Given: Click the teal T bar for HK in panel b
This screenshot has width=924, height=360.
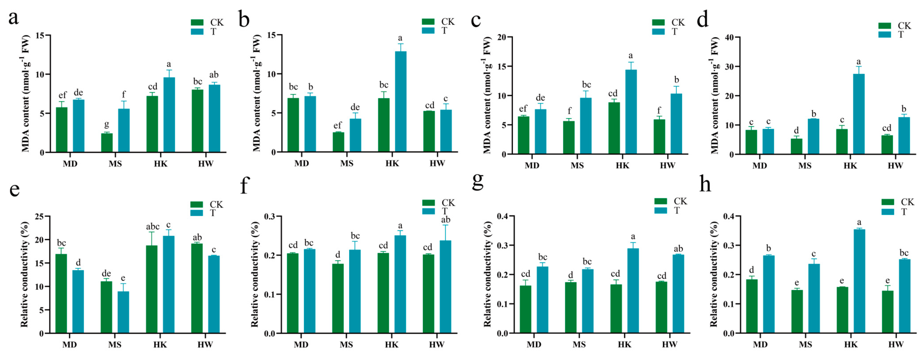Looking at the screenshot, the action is [401, 102].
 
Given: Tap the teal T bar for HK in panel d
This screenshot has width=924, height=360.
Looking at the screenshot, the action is [859, 114].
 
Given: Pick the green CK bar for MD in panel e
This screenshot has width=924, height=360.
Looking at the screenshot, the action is [61, 294].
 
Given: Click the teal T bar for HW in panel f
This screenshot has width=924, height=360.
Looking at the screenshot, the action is [445, 287].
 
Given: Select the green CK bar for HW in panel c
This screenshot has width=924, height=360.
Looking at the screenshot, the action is [659, 137].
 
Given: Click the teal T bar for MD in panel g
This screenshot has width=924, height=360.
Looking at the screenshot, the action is [542, 300].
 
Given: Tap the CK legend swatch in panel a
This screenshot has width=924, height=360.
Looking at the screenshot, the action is [197, 22].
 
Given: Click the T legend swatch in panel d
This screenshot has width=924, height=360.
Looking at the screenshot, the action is [885, 34].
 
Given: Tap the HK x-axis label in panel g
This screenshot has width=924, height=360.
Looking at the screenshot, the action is [625, 345].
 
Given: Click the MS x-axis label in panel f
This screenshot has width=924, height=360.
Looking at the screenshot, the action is [346, 345].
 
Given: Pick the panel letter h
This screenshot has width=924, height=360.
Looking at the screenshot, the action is [705, 184].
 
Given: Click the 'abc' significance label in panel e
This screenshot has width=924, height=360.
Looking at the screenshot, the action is [153, 227].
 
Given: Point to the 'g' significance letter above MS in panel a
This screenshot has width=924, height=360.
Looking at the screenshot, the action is [107, 125].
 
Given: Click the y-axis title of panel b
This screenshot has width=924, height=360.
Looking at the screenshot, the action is [257, 93].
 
